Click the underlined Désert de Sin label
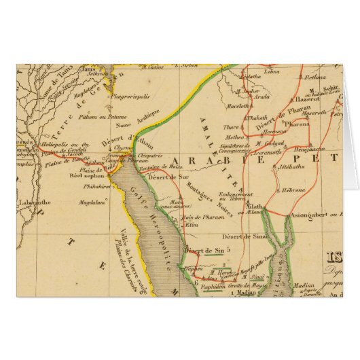[x=205, y=251]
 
